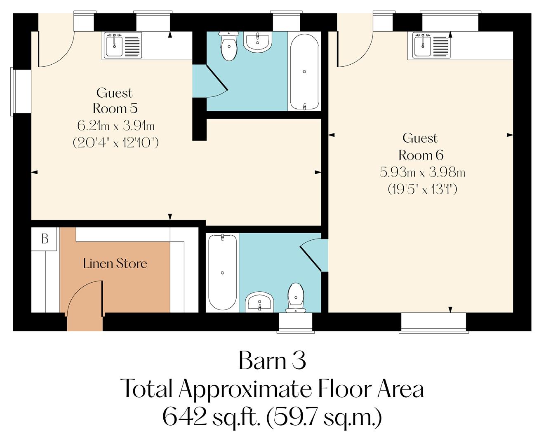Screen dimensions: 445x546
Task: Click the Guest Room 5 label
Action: click(114, 101)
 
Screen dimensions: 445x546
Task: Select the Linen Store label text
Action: click(115, 263)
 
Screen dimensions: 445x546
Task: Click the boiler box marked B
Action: click(45, 239)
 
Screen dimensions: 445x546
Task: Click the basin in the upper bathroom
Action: click(258, 42)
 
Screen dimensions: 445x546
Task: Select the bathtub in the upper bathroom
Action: click(304, 71)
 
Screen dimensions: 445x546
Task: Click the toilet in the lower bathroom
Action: click(296, 297)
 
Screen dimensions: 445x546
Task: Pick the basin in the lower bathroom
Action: click(259, 302)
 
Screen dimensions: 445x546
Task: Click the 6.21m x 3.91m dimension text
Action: click(116, 125)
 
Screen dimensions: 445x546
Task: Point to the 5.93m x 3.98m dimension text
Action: click(422, 172)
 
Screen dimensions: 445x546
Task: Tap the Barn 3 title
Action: click(272, 361)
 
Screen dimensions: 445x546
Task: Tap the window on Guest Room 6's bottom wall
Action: click(434, 322)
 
